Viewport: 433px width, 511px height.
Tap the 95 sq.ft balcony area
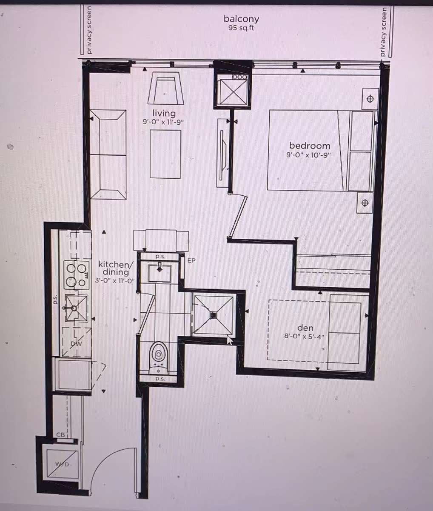(x=241, y=28)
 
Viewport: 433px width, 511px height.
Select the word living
(x=164, y=113)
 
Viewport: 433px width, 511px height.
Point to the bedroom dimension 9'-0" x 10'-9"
(x=308, y=155)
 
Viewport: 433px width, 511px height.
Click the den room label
(x=305, y=328)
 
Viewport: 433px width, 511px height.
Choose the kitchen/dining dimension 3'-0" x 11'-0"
(x=115, y=280)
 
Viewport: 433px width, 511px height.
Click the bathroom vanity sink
(x=160, y=273)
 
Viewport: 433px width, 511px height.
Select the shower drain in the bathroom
(x=214, y=315)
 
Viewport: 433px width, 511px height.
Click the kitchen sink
(x=77, y=308)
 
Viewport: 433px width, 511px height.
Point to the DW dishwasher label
(x=76, y=343)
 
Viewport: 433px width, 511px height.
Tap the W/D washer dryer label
(x=62, y=464)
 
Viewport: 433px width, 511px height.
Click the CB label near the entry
(x=60, y=434)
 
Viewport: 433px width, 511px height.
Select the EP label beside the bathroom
(x=191, y=260)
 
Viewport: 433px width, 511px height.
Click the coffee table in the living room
(x=165, y=154)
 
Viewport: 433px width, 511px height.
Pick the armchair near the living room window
(x=165, y=88)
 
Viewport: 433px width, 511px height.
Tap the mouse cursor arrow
(x=230, y=340)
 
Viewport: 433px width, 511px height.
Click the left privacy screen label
(x=89, y=30)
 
